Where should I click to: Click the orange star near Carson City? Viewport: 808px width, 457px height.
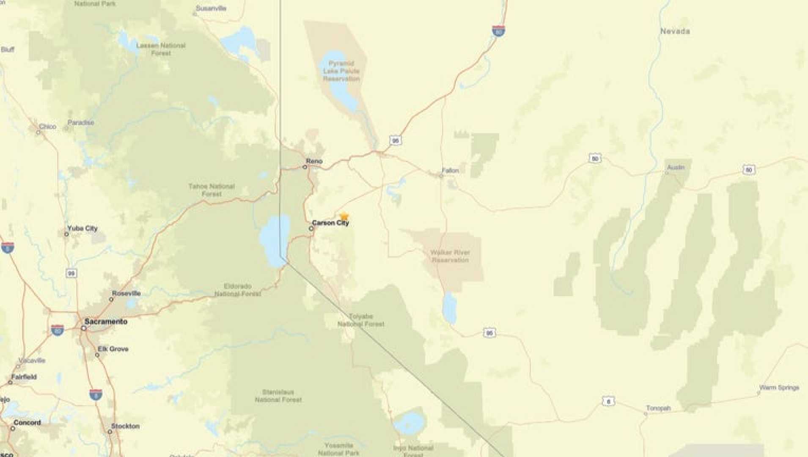coord(344,216)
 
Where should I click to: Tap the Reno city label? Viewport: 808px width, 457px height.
coord(314,161)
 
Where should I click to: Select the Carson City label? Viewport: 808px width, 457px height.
coord(330,223)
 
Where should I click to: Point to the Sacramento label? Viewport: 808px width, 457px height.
coord(106,322)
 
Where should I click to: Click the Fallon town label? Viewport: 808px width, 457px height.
coord(450,171)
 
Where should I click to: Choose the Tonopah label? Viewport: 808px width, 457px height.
coord(658,408)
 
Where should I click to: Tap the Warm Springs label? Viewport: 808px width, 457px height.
coord(779,388)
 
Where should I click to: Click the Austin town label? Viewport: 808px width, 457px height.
coord(676,168)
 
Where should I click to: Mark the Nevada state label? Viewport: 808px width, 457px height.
coord(675,31)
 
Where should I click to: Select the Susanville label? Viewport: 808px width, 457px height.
coord(211,8)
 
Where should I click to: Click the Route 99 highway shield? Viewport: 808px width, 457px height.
coord(71,273)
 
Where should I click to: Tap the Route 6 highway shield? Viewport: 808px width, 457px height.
coord(608,401)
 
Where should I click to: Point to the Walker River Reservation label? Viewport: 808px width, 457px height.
coord(450,256)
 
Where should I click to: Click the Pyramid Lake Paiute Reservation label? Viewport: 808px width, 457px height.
coord(341,71)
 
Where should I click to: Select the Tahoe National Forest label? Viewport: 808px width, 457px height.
coord(212,190)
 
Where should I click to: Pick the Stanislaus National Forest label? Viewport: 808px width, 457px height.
coord(278,396)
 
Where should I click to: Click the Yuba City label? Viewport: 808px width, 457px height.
coord(82,228)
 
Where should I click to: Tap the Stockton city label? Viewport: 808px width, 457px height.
coord(125,426)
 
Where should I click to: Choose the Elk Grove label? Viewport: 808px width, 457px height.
coord(113,349)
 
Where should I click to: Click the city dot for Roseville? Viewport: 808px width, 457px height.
coord(111,300)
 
